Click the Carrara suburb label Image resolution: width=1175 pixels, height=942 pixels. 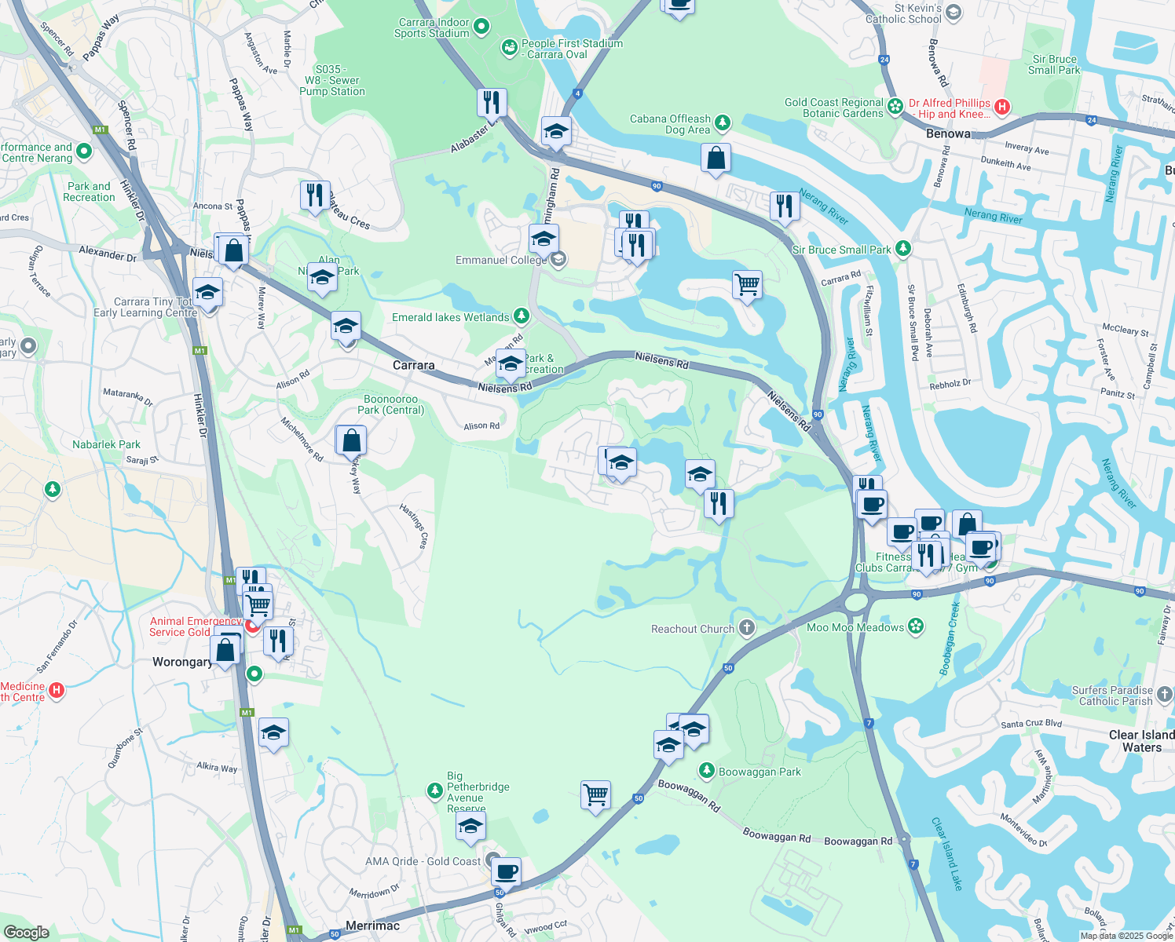pyautogui.click(x=413, y=366)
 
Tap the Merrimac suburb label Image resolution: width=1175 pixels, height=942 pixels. pyautogui.click(x=372, y=926)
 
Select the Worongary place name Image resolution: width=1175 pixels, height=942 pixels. pyautogui.click(x=181, y=662)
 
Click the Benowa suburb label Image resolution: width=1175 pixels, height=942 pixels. pyautogui.click(x=948, y=133)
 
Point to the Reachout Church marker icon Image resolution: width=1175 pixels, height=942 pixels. pyautogui.click(x=747, y=627)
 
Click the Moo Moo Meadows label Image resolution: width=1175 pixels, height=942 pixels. pyautogui.click(x=855, y=627)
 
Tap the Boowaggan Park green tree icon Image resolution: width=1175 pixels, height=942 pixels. pyautogui.click(x=707, y=771)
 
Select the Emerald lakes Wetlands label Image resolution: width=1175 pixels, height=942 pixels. pyautogui.click(x=451, y=317)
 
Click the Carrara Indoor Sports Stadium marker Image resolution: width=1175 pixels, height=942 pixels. pyautogui.click(x=482, y=27)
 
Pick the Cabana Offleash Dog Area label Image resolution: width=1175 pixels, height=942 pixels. pyautogui.click(x=670, y=124)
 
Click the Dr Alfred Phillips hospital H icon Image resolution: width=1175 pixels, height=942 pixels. pyautogui.click(x=1002, y=106)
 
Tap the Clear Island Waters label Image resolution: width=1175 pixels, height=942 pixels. pyautogui.click(x=1141, y=741)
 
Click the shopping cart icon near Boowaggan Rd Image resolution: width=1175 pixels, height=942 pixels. pyautogui.click(x=596, y=795)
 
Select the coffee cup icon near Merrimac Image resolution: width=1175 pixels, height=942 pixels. pyautogui.click(x=507, y=871)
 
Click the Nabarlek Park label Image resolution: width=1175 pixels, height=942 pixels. pyautogui.click(x=106, y=444)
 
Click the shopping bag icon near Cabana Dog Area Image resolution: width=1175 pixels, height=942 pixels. pyautogui.click(x=716, y=158)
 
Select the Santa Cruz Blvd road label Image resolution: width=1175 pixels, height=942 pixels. pyautogui.click(x=1031, y=724)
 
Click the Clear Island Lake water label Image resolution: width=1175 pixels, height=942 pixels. pyautogui.click(x=946, y=853)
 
